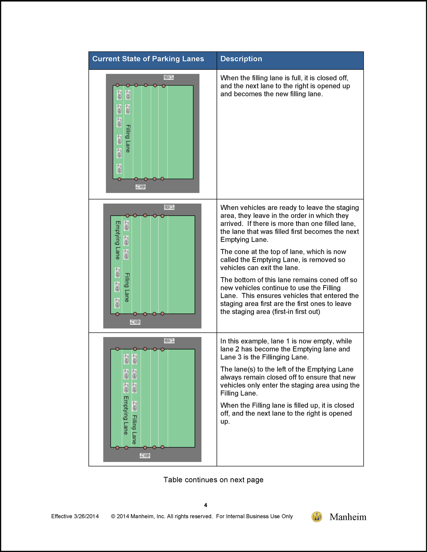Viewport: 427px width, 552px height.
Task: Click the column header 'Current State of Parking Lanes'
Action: click(x=148, y=59)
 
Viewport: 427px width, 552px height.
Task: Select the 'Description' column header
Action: click(x=241, y=59)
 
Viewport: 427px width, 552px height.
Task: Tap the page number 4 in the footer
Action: click(x=205, y=505)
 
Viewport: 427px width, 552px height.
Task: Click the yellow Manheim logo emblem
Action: click(x=317, y=517)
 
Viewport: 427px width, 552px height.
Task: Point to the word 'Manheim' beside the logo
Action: click(x=348, y=517)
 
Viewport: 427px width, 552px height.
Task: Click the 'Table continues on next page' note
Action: click(x=213, y=479)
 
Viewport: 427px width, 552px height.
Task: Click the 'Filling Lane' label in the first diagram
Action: click(x=128, y=139)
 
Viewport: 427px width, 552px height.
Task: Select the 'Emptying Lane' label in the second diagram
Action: click(x=117, y=240)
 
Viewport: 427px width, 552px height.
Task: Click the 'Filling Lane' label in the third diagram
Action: click(x=134, y=429)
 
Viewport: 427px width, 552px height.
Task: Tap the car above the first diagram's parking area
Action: click(x=169, y=77)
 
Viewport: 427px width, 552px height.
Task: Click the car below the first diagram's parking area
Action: click(x=141, y=187)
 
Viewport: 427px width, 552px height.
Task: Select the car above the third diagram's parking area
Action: click(x=169, y=341)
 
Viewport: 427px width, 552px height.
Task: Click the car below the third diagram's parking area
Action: click(x=145, y=455)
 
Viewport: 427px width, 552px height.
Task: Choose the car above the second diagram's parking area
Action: click(x=169, y=207)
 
